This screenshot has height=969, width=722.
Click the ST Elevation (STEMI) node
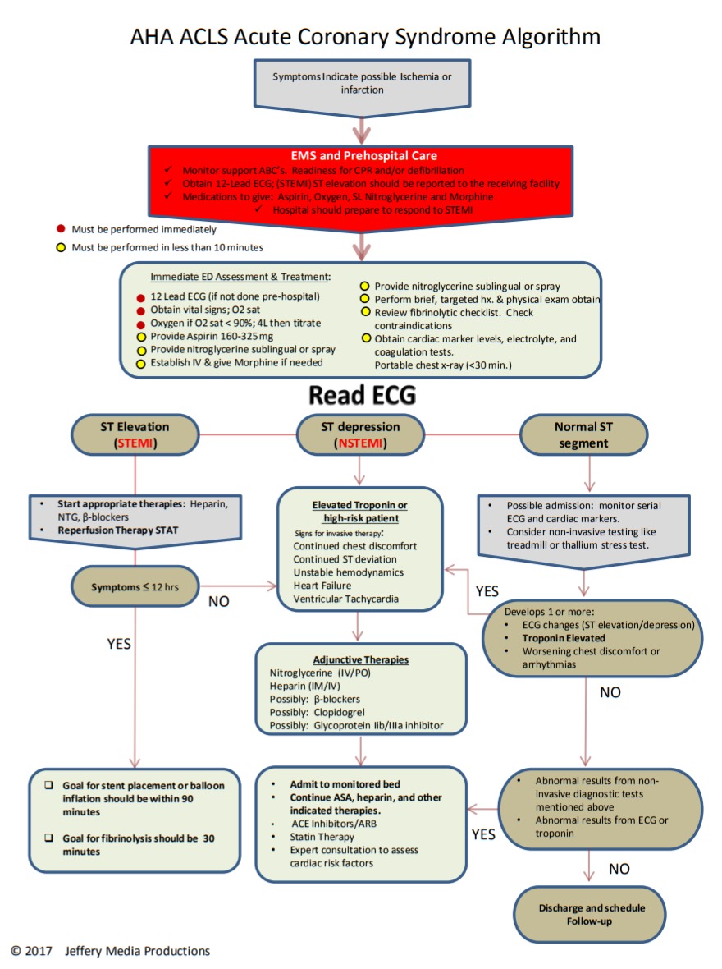click(135, 434)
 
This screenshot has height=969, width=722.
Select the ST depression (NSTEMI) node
click(360, 434)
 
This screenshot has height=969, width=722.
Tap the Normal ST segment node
click(583, 434)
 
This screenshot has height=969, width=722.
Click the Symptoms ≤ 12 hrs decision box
click(135, 586)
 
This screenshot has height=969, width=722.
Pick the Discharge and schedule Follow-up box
click(591, 915)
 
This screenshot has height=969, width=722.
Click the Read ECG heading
click(362, 396)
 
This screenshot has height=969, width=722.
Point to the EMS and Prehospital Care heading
click(363, 156)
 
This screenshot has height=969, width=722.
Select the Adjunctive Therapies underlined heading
click(361, 660)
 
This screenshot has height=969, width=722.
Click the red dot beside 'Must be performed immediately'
click(61, 228)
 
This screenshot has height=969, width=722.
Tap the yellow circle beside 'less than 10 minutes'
click(61, 247)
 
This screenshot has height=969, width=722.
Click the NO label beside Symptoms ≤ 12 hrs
click(218, 601)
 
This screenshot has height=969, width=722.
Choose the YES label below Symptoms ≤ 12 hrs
click(119, 644)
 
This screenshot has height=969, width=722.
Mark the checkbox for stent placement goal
click(48, 785)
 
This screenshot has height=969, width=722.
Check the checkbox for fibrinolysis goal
click(48, 838)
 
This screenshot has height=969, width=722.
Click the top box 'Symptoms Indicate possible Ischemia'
click(362, 86)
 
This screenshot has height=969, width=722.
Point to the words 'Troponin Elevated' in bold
click(564, 638)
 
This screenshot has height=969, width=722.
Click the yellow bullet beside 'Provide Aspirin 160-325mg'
click(141, 337)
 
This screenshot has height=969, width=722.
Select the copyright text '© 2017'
click(31, 950)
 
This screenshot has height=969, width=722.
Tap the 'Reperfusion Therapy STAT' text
click(118, 530)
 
